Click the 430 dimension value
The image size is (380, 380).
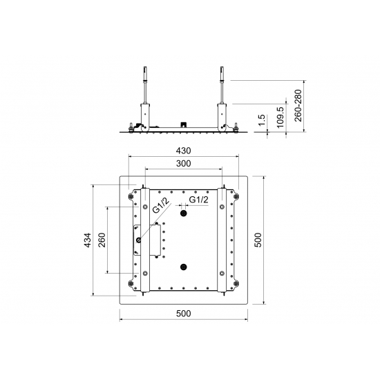(184, 151)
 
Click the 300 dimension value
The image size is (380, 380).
(184, 164)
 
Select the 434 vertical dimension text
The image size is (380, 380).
(88, 240)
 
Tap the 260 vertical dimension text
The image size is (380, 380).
(102, 240)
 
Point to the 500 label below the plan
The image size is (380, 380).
(184, 314)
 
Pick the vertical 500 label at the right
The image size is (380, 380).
(258, 240)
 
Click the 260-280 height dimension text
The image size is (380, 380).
(298, 106)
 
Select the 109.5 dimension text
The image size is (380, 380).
(280, 117)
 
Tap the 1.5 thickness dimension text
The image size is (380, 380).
(262, 120)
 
